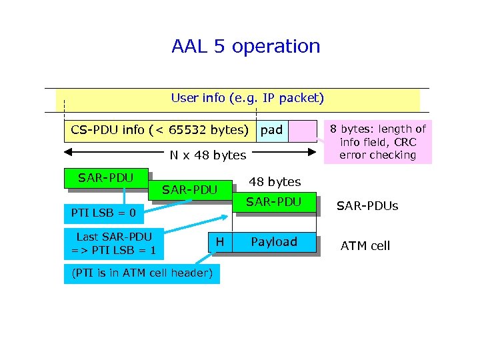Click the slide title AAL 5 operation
(x=245, y=47)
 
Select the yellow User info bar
(x=247, y=99)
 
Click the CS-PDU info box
(x=159, y=130)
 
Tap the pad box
(x=272, y=130)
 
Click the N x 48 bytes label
(x=207, y=155)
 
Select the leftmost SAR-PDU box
(x=105, y=178)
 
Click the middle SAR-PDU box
(x=190, y=190)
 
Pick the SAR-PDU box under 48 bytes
(x=274, y=202)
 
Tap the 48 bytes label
(x=275, y=182)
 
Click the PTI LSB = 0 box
(x=103, y=213)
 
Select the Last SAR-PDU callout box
(x=114, y=243)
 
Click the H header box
(x=220, y=242)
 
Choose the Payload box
(x=274, y=242)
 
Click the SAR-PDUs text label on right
(x=367, y=206)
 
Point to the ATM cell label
(x=365, y=246)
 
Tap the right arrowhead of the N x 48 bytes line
(x=311, y=153)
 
